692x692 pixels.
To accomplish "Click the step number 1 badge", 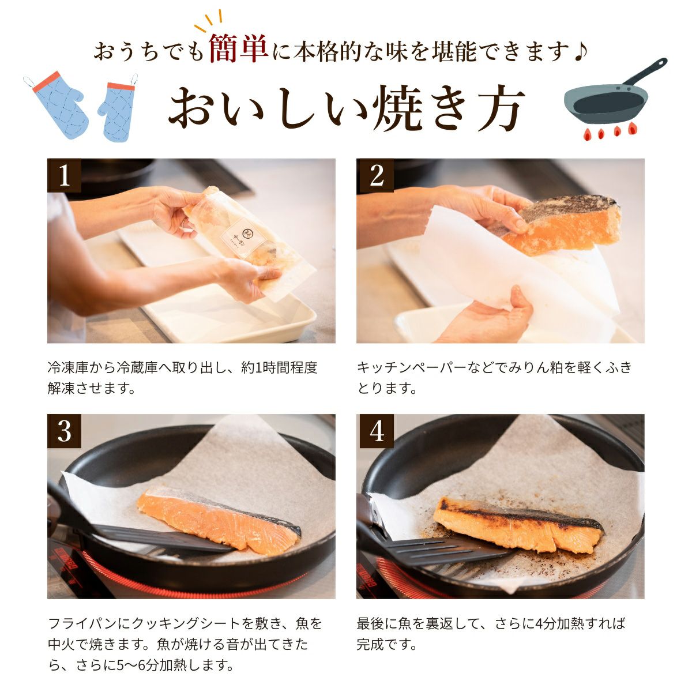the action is tap(64, 176).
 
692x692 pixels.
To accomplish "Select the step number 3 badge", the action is tap(64, 431).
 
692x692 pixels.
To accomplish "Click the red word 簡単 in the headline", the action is tap(238, 48).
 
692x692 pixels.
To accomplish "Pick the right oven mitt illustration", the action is tap(118, 108).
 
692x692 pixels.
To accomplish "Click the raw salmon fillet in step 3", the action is tap(219, 521).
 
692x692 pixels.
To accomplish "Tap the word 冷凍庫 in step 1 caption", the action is tap(68, 367).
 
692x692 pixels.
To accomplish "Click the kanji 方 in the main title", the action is tap(499, 108).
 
